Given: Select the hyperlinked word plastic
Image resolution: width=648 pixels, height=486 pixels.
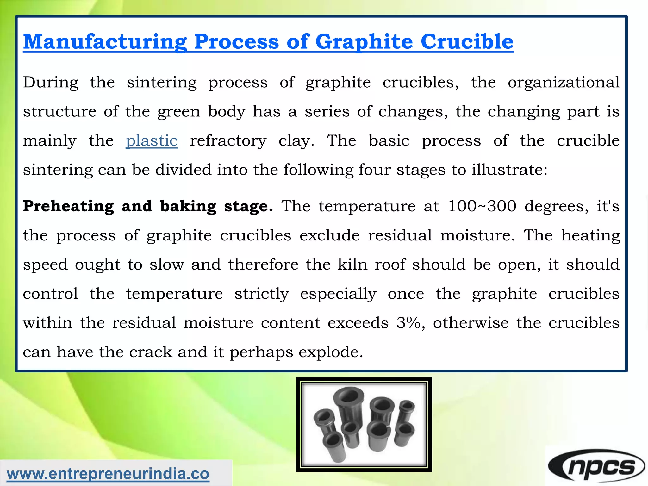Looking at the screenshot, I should (x=152, y=140).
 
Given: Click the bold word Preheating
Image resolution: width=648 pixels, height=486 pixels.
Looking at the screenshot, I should (x=68, y=206).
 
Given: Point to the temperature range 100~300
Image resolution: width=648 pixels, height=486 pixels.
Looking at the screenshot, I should (x=482, y=206).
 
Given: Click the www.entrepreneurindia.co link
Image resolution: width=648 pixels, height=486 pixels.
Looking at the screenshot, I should (x=108, y=474).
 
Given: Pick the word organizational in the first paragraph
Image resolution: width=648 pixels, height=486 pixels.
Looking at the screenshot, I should (x=564, y=82).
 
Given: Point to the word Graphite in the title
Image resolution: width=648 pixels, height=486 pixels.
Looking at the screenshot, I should (x=364, y=42).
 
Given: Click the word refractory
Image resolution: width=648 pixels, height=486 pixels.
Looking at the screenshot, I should (x=228, y=140).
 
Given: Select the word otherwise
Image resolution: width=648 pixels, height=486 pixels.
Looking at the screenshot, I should (x=471, y=323).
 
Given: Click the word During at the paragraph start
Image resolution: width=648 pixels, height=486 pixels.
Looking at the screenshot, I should (x=51, y=82).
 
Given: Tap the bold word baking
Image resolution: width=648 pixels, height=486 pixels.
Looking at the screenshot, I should (x=188, y=206).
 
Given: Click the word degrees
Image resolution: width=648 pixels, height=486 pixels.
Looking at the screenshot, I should (x=556, y=206).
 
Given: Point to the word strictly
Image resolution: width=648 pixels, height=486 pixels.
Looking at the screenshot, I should (x=261, y=294).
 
